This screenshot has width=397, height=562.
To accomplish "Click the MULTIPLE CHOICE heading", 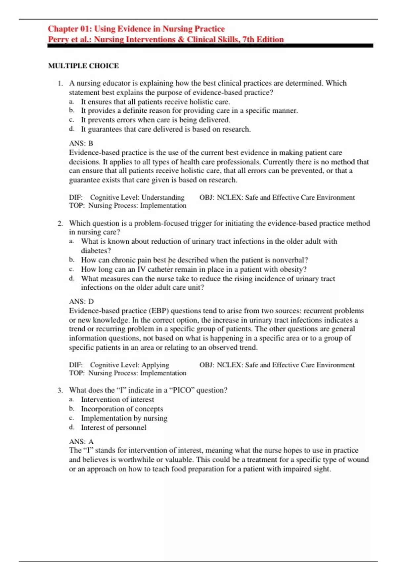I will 83,66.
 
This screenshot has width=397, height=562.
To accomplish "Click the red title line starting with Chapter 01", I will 136,29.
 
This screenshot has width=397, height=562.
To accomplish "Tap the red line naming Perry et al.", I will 166,40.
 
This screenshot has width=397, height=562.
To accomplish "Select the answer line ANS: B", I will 81,143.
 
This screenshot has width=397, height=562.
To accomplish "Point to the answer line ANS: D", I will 81,301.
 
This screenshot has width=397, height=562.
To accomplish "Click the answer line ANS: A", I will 81,442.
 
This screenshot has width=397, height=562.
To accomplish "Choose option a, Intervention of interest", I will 117,399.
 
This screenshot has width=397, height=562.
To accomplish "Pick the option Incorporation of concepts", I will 122,409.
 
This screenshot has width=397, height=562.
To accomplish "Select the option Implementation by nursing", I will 124,418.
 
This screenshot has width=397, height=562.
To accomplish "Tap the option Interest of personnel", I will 113,427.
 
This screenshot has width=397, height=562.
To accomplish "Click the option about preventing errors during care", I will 155,120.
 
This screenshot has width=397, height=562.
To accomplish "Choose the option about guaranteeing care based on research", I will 166,129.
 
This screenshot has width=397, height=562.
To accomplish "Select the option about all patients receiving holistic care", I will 155,102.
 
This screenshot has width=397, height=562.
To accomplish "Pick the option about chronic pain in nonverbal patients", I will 194,260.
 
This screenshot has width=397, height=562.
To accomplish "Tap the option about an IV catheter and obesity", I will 194,269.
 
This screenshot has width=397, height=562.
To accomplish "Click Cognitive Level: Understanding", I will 137,197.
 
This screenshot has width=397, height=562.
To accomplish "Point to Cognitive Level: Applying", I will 129,365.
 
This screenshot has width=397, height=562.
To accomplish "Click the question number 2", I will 60,223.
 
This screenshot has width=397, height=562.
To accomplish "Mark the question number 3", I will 60,390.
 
